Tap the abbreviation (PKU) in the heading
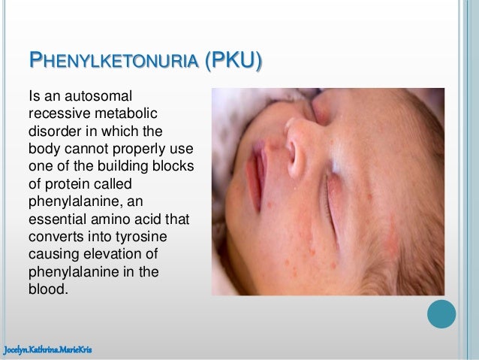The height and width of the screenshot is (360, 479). pos(234,64)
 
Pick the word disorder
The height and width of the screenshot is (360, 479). pos(53,130)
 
